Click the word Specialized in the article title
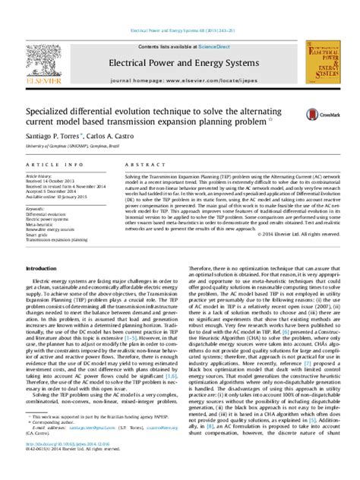(x=50, y=109)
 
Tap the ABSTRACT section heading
(x=141, y=164)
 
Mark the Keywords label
(x=36, y=207)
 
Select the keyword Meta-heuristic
(x=42, y=224)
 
